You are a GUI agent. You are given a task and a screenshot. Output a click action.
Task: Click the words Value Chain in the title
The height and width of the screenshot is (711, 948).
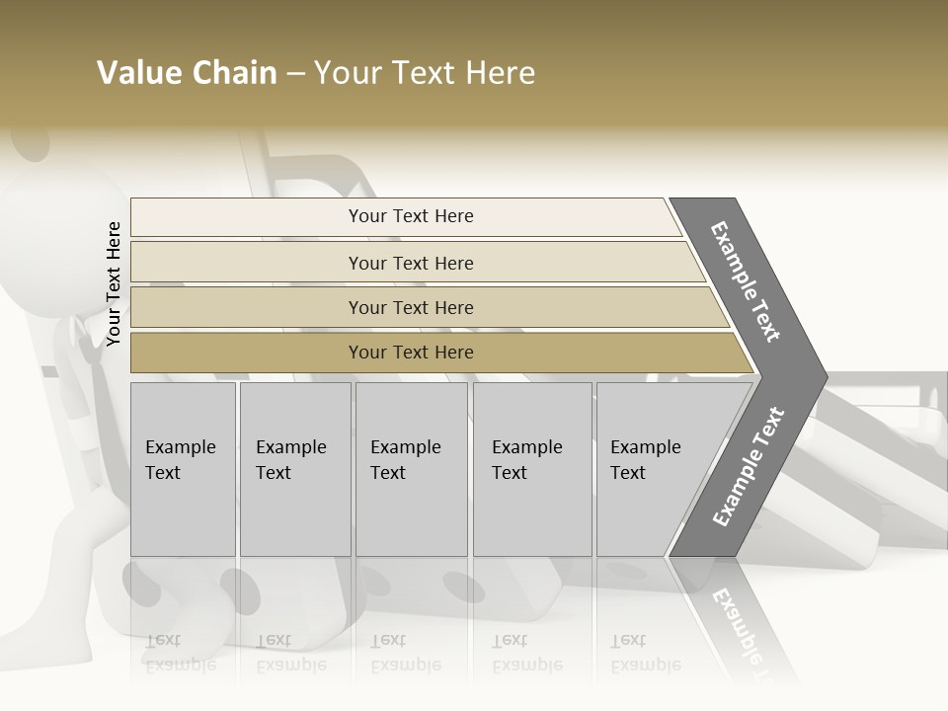(x=187, y=73)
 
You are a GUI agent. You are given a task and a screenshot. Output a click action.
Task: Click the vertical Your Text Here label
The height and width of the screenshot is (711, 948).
(x=114, y=284)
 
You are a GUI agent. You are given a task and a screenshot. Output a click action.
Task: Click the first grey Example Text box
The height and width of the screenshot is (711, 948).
(x=183, y=469)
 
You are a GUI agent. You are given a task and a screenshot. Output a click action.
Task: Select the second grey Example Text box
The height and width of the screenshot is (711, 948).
(x=295, y=469)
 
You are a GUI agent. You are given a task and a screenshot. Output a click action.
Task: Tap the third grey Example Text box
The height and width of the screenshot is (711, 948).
(x=411, y=469)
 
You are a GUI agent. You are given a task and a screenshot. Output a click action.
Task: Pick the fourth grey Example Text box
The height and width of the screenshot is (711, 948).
(x=533, y=469)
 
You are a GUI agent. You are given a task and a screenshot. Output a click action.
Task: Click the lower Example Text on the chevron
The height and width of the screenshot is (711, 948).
(x=749, y=466)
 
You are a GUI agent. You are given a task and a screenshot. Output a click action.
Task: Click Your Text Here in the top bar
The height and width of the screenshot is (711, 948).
(x=411, y=216)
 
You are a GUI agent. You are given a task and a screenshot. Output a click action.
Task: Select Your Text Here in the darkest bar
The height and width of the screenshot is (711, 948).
(x=411, y=353)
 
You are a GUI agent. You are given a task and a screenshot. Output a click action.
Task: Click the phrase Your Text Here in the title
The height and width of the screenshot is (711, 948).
(x=425, y=73)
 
